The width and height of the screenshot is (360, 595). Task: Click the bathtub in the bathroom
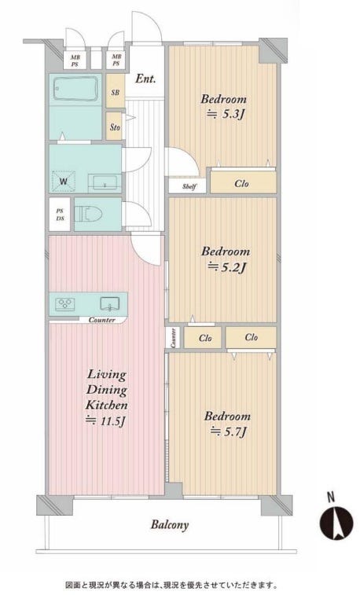[75, 88]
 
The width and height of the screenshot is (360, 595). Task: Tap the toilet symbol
[88, 215]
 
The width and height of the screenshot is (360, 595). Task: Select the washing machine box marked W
[64, 181]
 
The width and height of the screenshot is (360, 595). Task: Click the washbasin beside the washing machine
[105, 182]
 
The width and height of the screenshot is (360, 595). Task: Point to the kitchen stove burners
[65, 304]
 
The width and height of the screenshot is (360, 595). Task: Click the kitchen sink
[109, 303]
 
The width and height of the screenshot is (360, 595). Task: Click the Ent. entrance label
[145, 79]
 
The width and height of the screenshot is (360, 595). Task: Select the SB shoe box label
[116, 93]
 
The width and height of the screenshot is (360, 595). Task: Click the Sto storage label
[115, 127]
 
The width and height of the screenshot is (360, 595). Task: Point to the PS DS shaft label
[60, 215]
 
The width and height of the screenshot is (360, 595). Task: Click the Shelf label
[189, 186]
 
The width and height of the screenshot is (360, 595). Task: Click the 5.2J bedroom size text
[226, 267]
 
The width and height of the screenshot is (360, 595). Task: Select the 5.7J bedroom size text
[229, 432]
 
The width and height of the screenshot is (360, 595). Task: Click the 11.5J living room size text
[105, 421]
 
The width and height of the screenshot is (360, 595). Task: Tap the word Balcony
[170, 525]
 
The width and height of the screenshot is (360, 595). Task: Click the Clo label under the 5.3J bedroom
[241, 184]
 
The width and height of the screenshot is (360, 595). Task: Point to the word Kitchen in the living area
[107, 405]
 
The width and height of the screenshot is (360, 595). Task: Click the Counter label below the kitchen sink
[101, 320]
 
